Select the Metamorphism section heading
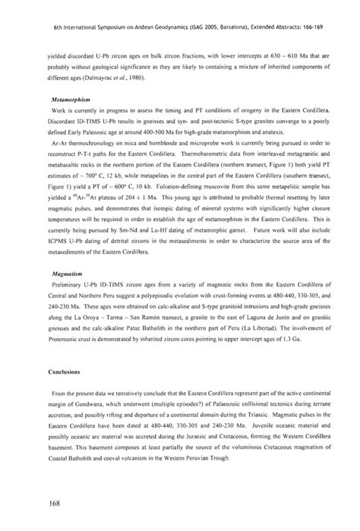click(48, 98)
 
